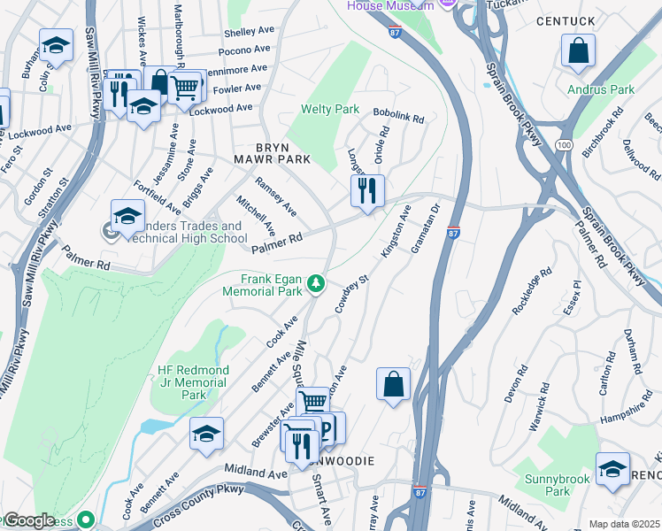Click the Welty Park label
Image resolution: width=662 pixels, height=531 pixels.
click(329, 109)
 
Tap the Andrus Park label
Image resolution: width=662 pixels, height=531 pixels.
click(601, 89)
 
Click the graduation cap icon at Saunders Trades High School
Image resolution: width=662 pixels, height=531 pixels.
click(127, 215)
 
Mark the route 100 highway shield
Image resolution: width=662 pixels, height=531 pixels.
click(563, 143)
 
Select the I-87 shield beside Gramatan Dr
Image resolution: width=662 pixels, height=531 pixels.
click(452, 233)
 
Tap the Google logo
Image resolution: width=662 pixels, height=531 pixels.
click(29, 520)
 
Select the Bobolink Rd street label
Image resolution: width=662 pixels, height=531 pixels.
click(398, 116)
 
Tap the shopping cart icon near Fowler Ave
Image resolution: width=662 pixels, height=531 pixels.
click(184, 87)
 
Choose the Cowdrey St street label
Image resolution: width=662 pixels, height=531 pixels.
click(350, 296)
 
